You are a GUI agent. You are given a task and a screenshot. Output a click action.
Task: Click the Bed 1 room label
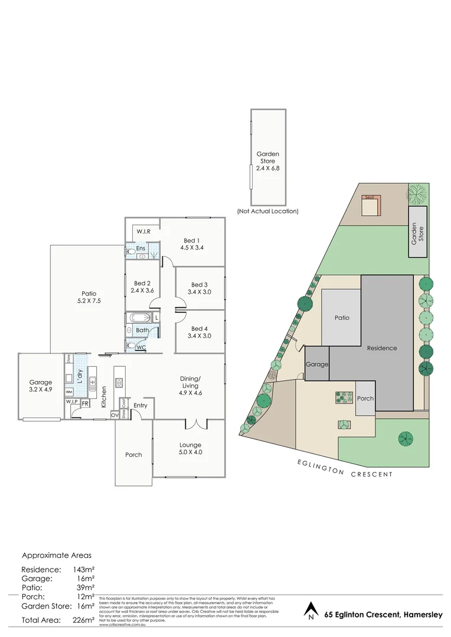point(192,240)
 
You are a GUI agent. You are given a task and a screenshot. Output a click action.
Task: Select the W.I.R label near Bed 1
point(143,232)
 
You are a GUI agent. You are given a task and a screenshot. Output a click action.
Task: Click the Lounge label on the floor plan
point(191,445)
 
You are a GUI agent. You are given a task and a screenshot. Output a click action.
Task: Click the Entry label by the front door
point(140,405)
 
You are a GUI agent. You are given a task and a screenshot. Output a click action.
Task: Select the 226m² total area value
point(83,620)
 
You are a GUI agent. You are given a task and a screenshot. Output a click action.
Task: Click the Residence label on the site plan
point(381,348)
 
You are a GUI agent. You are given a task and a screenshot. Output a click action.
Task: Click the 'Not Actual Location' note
point(267,211)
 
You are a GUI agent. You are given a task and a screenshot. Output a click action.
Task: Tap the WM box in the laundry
point(69,392)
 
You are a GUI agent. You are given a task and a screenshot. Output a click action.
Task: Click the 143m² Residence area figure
point(83,570)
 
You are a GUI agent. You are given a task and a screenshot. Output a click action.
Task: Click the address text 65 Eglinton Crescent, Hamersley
point(384,615)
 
